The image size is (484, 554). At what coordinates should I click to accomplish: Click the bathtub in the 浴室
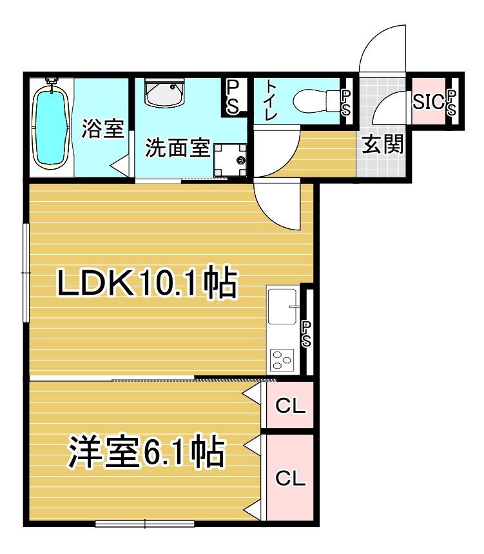point(50,125)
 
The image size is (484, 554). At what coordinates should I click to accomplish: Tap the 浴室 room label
point(102,128)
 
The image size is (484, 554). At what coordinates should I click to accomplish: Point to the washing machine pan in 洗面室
point(230,160)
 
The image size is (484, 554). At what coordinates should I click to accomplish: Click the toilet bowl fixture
point(316,100)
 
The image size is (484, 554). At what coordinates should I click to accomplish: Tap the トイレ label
point(271,101)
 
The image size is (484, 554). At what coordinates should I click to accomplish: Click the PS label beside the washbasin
point(232,97)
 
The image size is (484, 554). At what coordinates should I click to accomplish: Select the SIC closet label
point(428,102)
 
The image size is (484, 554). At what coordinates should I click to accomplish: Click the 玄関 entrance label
point(383,144)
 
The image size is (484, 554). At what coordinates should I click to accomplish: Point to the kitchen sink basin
point(282,306)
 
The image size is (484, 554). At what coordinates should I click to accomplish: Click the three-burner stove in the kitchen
point(282,360)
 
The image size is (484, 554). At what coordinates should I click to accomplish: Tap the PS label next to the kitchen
point(306,334)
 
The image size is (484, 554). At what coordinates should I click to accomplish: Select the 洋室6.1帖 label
point(146,452)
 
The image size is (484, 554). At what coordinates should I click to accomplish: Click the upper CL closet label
point(291,406)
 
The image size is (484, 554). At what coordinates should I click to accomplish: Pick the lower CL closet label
point(291,479)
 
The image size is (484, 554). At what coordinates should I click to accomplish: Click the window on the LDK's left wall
point(26,273)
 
